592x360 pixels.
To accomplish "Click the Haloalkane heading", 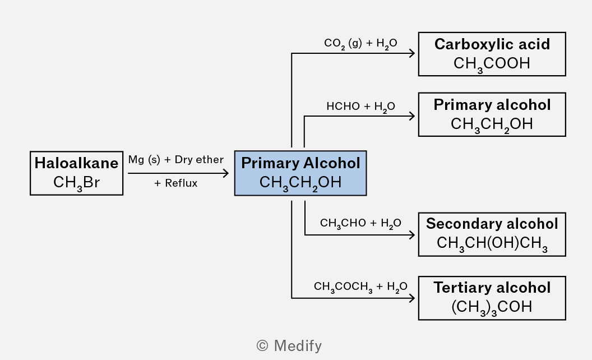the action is [76, 163].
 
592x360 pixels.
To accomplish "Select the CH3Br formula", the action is [76, 183].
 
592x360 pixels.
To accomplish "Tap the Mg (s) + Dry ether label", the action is [176, 160].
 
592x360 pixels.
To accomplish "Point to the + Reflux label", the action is [176, 183].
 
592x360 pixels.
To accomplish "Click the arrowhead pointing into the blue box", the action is [226, 173].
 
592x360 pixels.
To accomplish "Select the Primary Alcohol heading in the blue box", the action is [300, 163].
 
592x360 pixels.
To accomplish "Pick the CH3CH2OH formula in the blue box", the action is [300, 183].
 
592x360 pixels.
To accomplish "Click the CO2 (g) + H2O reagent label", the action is [360, 43].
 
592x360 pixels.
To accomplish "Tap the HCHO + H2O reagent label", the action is [360, 107].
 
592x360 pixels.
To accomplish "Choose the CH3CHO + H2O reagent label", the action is [360, 223].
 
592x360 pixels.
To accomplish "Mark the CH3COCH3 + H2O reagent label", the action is [360, 287].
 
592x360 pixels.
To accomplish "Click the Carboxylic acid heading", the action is [492, 44].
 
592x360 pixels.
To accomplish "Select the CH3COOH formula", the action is [492, 64].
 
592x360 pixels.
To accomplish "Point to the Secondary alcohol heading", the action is [492, 224].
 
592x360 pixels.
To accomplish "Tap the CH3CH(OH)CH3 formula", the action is [492, 243].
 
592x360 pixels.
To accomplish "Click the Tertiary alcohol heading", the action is [492, 288].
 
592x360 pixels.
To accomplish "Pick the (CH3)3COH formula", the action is [492, 307].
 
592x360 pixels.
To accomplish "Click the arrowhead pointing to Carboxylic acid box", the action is [412, 53].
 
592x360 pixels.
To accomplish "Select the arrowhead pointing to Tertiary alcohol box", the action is [412, 298].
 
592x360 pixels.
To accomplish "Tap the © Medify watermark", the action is [289, 345].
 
